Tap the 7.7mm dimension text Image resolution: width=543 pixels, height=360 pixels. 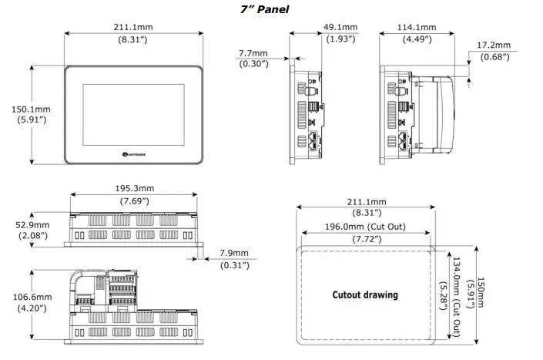[x=253, y=53]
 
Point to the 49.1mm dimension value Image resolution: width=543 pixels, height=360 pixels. [x=338, y=28]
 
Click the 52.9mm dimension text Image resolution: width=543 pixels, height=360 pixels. [x=32, y=224]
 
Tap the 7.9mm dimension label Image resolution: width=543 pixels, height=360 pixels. [x=234, y=254]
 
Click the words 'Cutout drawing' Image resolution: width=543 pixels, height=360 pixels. [x=365, y=294]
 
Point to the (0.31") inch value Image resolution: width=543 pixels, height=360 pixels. [x=234, y=266]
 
